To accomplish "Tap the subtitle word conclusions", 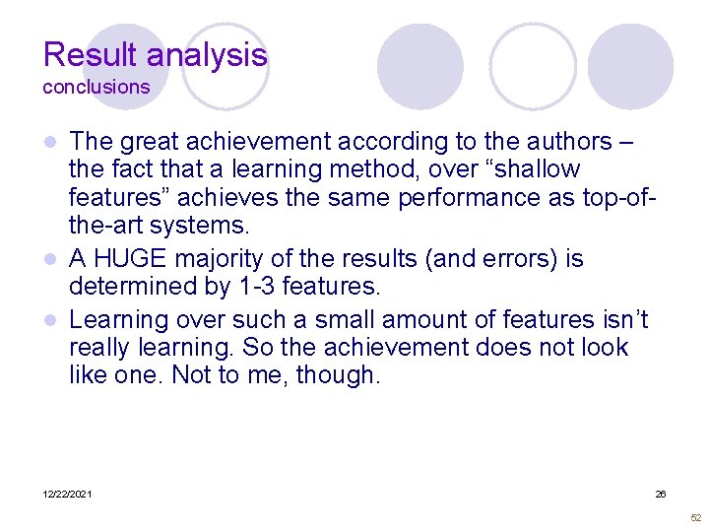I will point(96,87).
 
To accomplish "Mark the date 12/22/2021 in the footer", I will point(67,494).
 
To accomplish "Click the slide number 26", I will point(661,494).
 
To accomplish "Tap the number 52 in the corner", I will point(695,517).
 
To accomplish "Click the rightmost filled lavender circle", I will point(630,67).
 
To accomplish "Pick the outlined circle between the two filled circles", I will point(533,65).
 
